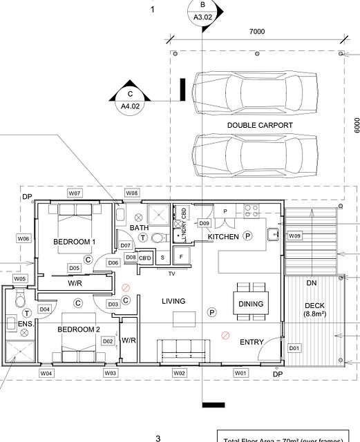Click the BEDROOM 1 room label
tap(74, 241)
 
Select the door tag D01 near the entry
tap(294, 347)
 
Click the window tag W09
tap(294, 236)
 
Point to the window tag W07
tap(75, 193)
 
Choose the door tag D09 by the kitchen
tap(204, 223)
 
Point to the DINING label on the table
tap(251, 304)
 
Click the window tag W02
tap(179, 373)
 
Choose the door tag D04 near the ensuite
tap(44, 309)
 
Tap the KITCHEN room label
tap(223, 237)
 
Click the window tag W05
tap(19, 278)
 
